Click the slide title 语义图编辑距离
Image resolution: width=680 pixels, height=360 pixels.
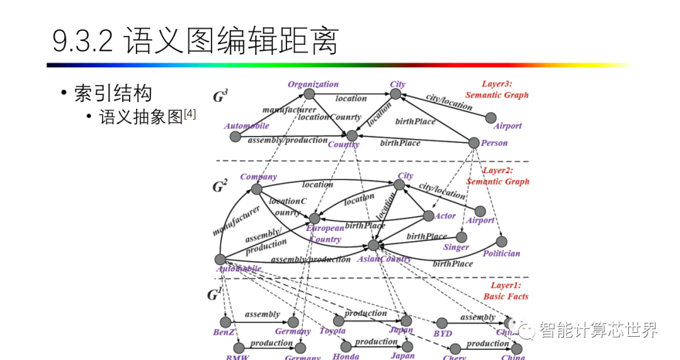tap(195, 42)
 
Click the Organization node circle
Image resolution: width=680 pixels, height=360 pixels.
tap(309, 94)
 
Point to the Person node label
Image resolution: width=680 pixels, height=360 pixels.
tap(494, 143)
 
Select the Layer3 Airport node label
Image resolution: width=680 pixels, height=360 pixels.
tap(507, 126)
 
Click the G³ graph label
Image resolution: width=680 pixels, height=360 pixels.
tap(220, 97)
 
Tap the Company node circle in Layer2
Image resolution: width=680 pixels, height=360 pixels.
tap(256, 189)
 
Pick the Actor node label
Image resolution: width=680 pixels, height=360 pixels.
tap(445, 216)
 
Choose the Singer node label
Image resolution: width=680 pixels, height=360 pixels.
tap(456, 247)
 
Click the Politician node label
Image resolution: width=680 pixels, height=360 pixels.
tap(501, 253)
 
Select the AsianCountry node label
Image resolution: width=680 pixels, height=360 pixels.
tap(384, 259)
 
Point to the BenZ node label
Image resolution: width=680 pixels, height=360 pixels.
tap(224, 332)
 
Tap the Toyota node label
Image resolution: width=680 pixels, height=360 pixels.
tap(332, 331)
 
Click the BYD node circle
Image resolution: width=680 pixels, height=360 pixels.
tap(442, 323)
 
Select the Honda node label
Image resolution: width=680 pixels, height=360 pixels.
tap(346, 356)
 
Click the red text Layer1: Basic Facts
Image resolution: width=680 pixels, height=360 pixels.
tap(506, 291)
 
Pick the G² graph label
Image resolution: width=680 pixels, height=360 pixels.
tap(220, 186)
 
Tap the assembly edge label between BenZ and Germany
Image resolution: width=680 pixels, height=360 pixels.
tap(263, 314)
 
